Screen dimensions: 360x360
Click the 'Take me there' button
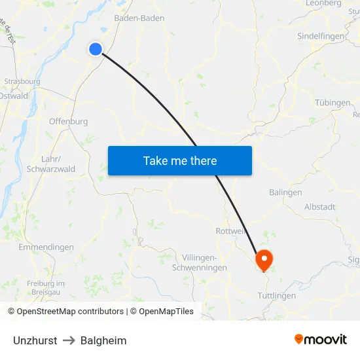pyautogui.click(x=180, y=160)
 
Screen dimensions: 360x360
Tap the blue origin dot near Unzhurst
pyautogui.click(x=96, y=48)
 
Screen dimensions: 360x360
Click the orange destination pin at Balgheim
pyautogui.click(x=264, y=259)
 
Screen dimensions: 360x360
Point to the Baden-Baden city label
pyautogui.click(x=139, y=18)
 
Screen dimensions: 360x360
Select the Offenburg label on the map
pyautogui.click(x=68, y=121)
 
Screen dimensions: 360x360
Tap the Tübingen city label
pyautogui.click(x=333, y=103)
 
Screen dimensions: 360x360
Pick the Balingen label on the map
pyautogui.click(x=285, y=192)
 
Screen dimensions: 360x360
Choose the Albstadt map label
pyautogui.click(x=319, y=207)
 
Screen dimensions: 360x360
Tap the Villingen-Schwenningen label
pyautogui.click(x=199, y=262)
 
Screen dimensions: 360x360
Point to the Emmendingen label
pyautogui.click(x=46, y=247)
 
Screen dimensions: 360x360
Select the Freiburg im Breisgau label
pyautogui.click(x=46, y=287)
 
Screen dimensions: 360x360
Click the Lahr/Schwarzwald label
pyautogui.click(x=51, y=164)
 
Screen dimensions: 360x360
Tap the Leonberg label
pyautogui.click(x=324, y=3)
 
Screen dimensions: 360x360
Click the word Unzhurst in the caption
pyautogui.click(x=35, y=340)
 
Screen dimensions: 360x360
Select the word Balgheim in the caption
pyautogui.click(x=103, y=340)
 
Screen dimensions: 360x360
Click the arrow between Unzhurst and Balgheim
pyautogui.click(x=69, y=340)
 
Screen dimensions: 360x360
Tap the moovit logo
pyautogui.click(x=321, y=340)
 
